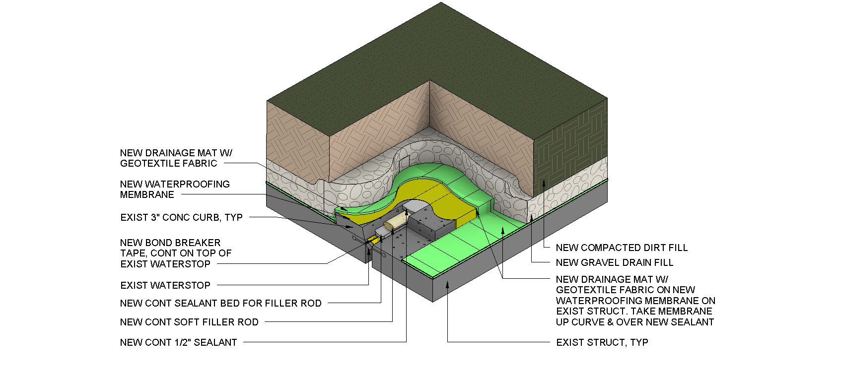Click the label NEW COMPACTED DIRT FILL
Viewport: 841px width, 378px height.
[x=622, y=248]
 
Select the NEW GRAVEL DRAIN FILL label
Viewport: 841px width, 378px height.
[x=615, y=262]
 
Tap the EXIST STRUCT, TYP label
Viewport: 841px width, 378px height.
[x=602, y=342]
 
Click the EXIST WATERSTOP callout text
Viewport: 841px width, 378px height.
[x=165, y=285]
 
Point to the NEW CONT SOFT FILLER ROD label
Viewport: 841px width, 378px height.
[x=189, y=322]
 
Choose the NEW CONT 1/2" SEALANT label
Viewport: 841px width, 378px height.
[x=179, y=342]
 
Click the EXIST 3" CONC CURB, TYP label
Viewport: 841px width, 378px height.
[x=181, y=217]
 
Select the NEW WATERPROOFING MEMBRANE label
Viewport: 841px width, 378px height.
[x=175, y=189]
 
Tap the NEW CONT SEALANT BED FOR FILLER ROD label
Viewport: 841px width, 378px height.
[x=221, y=303]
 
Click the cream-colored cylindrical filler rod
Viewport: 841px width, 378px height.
[x=397, y=220]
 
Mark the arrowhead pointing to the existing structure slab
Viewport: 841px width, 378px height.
[x=447, y=284]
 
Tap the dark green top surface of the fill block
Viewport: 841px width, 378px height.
[x=437, y=60]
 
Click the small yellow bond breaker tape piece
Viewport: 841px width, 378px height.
[x=373, y=240]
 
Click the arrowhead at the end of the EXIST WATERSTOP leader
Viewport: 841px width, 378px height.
[x=369, y=247]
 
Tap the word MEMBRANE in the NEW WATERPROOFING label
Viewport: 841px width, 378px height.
[x=147, y=195]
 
